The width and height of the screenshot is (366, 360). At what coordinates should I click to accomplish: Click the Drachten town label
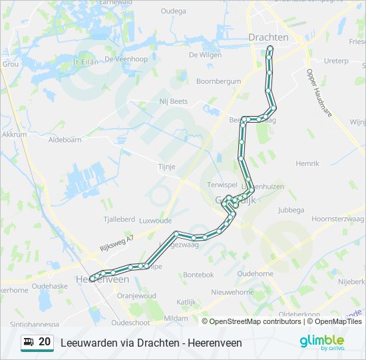[x=269, y=37]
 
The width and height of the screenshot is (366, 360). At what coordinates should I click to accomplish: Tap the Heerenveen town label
[x=93, y=279]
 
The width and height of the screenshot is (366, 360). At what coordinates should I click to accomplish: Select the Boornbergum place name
[x=218, y=81]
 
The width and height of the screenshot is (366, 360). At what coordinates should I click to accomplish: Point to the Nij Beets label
[x=174, y=101]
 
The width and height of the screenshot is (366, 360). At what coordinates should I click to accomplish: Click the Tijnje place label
[x=166, y=167]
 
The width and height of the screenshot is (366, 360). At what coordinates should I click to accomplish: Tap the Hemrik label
[x=307, y=163]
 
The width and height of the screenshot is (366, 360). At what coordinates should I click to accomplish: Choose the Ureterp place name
[x=336, y=61]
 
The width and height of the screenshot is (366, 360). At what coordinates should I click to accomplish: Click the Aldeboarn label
[x=65, y=140]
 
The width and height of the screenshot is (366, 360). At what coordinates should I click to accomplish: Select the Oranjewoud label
[x=136, y=295]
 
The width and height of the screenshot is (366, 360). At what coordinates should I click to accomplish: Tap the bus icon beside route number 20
[x=29, y=342]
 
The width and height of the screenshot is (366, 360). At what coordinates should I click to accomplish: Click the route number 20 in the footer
[x=45, y=342]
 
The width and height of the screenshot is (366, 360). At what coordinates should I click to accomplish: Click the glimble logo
[x=322, y=342]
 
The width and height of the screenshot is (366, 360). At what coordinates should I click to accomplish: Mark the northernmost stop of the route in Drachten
[x=270, y=49]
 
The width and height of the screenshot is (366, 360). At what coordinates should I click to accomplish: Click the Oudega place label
[x=174, y=11]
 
